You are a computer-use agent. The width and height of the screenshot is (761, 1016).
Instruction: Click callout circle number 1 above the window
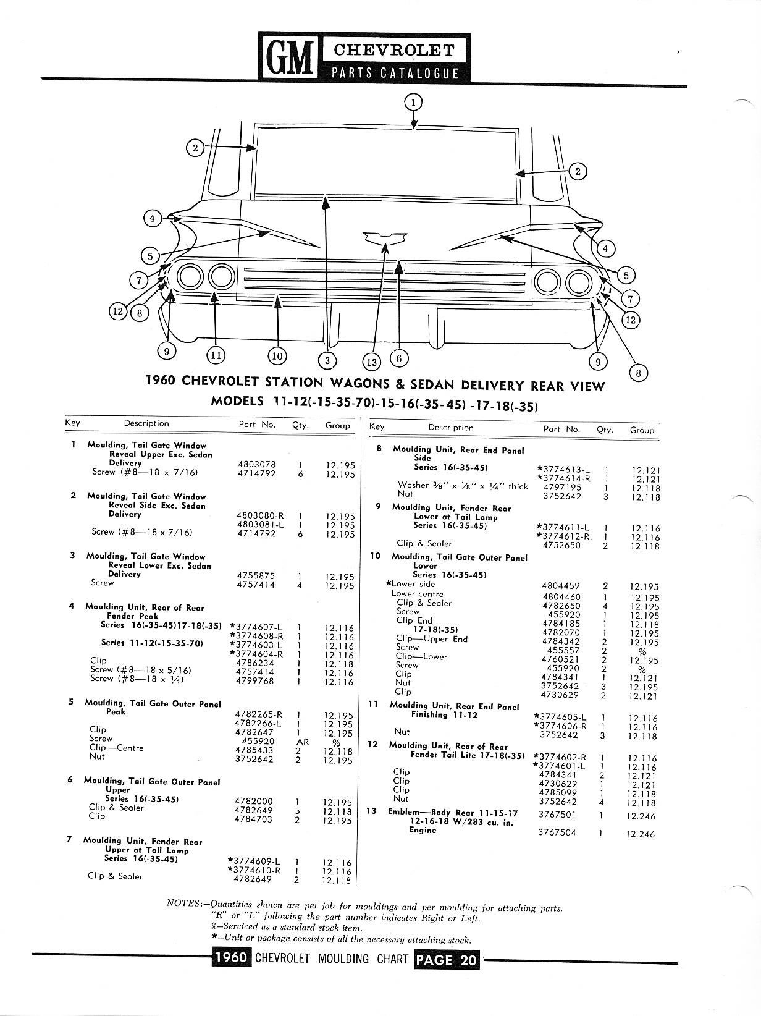tap(414, 101)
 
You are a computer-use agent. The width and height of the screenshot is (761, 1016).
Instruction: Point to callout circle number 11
tap(215, 355)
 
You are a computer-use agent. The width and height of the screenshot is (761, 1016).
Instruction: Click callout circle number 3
tap(327, 360)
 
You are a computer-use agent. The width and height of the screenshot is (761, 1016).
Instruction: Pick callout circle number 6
tap(399, 357)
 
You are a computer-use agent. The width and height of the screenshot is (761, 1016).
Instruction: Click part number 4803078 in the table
tap(256, 464)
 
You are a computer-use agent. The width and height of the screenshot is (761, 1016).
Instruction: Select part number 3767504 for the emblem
tap(558, 832)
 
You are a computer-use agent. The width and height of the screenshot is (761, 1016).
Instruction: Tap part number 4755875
tap(256, 575)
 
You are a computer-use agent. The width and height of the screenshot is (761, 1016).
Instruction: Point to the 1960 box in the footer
tap(230, 959)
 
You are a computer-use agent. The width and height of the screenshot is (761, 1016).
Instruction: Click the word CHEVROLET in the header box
tap(395, 50)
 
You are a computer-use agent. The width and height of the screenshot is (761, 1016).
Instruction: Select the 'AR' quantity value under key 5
tap(302, 742)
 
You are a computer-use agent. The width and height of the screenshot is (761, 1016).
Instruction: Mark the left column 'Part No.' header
tap(257, 425)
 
